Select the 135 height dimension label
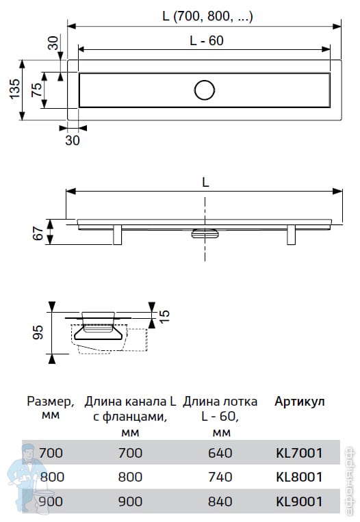tap(14, 89)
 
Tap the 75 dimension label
tap(37, 90)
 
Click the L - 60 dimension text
tap(207, 40)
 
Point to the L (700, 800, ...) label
tap(207, 16)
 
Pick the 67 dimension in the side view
tap(38, 233)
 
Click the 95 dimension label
tap(38, 332)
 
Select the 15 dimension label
tap(164, 316)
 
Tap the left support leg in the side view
tap(117, 235)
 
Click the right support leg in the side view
tap(291, 235)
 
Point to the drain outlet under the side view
tap(205, 233)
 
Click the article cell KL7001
tap(299, 453)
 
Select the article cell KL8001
tap(299, 477)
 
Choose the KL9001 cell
tap(299, 501)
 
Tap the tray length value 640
tap(220, 453)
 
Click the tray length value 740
tap(220, 477)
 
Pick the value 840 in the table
tap(220, 501)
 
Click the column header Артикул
tap(299, 402)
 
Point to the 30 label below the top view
tap(73, 140)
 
